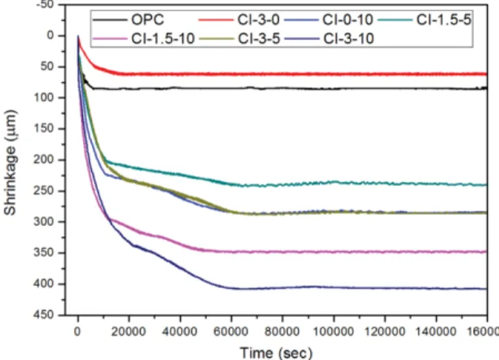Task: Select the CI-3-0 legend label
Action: click(x=259, y=20)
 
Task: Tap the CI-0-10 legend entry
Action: click(x=348, y=20)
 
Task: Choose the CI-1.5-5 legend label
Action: click(x=443, y=20)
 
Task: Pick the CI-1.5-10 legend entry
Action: click(x=163, y=39)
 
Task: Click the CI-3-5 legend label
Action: click(x=259, y=39)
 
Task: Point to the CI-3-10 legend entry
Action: click(x=348, y=39)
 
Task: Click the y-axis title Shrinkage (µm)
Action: click(x=10, y=162)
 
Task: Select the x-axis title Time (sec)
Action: click(x=277, y=353)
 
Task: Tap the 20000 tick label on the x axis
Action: click(x=128, y=332)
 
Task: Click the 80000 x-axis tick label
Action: click(x=282, y=332)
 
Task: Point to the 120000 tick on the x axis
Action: click(x=385, y=332)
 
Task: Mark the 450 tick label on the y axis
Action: click(x=44, y=315)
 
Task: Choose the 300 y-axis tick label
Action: click(x=44, y=221)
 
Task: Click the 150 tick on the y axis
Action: click(x=44, y=128)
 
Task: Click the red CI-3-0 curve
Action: click(x=282, y=74)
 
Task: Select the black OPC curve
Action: click(x=282, y=88)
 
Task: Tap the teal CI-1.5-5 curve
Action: click(x=282, y=184)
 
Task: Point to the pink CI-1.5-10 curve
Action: click(x=282, y=252)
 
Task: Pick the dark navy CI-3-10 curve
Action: click(x=282, y=288)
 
